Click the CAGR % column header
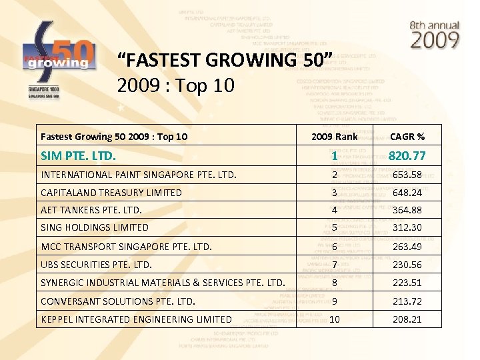[407, 137]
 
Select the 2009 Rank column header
[335, 137]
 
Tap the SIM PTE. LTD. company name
[78, 157]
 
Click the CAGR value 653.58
[407, 175]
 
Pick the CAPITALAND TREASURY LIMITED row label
[111, 193]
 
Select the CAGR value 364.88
[407, 211]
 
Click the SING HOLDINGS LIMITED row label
[95, 227]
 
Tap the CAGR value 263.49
[407, 247]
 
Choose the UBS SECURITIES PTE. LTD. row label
[96, 265]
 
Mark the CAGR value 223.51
[407, 283]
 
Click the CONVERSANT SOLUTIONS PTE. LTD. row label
[118, 301]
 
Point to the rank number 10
[335, 319]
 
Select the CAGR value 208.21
[407, 319]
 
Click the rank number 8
[335, 283]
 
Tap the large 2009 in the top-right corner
[435, 41]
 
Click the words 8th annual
[435, 25]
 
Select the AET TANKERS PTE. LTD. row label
[91, 211]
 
